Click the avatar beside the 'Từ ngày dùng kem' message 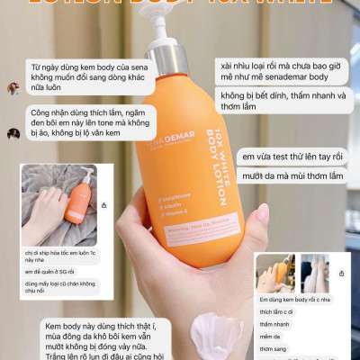click(x=13, y=89)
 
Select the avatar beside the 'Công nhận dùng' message click(x=13, y=134)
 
